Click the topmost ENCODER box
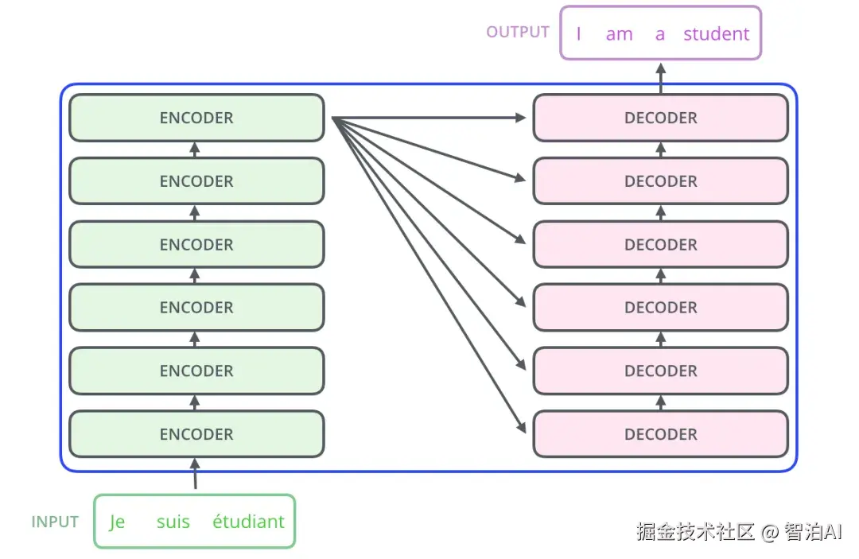[x=196, y=118]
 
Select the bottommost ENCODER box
[x=196, y=434]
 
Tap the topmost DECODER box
[x=660, y=118]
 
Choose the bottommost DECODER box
[x=660, y=434]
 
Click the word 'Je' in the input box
[x=117, y=522]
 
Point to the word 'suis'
[x=173, y=522]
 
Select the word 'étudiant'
[x=248, y=522]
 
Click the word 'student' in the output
[x=716, y=33]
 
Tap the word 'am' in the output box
[x=619, y=33]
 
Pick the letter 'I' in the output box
[x=578, y=33]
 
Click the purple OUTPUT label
[x=518, y=32]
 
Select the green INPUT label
[x=55, y=522]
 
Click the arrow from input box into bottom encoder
[x=196, y=476]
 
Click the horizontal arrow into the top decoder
[x=429, y=118]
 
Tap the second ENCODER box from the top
[x=196, y=181]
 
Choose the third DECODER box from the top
[x=660, y=244]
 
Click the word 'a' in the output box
[x=659, y=33]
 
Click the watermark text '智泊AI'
[x=812, y=532]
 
